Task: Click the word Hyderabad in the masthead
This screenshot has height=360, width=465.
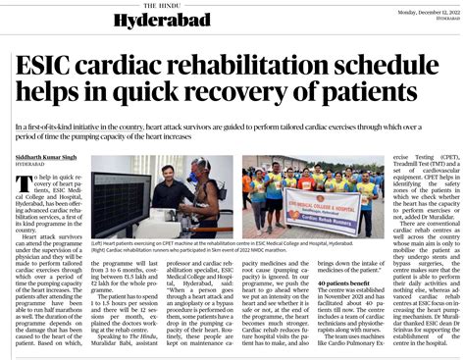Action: click(x=147, y=21)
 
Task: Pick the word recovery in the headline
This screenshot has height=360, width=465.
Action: click(x=241, y=100)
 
